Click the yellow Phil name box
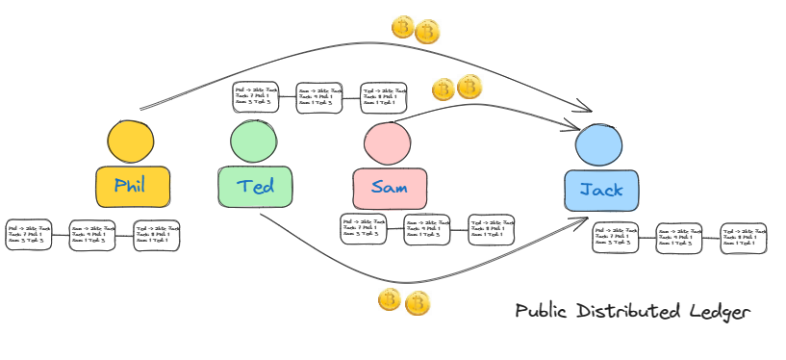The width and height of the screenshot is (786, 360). [133, 186]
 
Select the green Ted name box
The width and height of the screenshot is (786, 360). [253, 186]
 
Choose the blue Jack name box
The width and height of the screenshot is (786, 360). [601, 190]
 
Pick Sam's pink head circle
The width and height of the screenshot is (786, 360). [386, 143]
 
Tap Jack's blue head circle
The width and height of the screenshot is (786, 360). [597, 148]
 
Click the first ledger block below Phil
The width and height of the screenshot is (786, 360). [29, 234]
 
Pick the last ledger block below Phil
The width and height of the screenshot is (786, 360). [158, 235]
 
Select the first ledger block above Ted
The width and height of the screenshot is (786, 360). [256, 96]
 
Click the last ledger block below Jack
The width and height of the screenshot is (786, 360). [744, 238]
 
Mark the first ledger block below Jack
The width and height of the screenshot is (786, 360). [616, 238]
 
